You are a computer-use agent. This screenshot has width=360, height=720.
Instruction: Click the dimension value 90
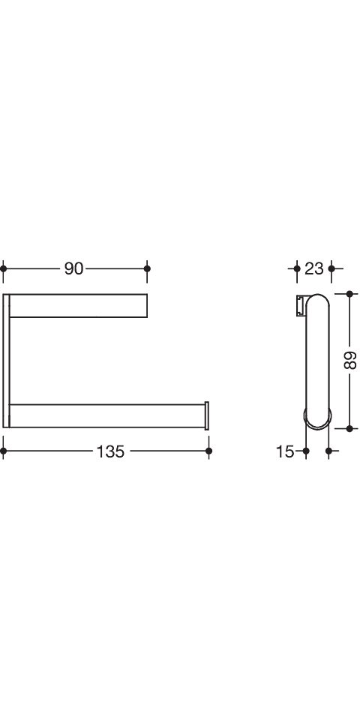(x=73, y=268)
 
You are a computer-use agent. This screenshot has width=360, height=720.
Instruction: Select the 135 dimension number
(x=110, y=451)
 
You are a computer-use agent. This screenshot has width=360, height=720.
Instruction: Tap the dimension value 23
(x=314, y=268)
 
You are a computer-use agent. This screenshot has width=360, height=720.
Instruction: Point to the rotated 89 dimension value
(x=350, y=360)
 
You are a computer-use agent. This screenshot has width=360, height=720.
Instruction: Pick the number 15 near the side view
(x=285, y=451)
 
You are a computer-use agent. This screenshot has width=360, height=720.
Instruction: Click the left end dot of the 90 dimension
(x=3, y=268)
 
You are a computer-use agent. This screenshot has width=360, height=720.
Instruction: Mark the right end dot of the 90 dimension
(x=147, y=268)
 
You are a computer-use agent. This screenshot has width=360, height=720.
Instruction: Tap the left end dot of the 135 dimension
(x=3, y=451)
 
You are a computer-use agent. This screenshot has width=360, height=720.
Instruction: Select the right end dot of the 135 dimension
(x=209, y=451)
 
